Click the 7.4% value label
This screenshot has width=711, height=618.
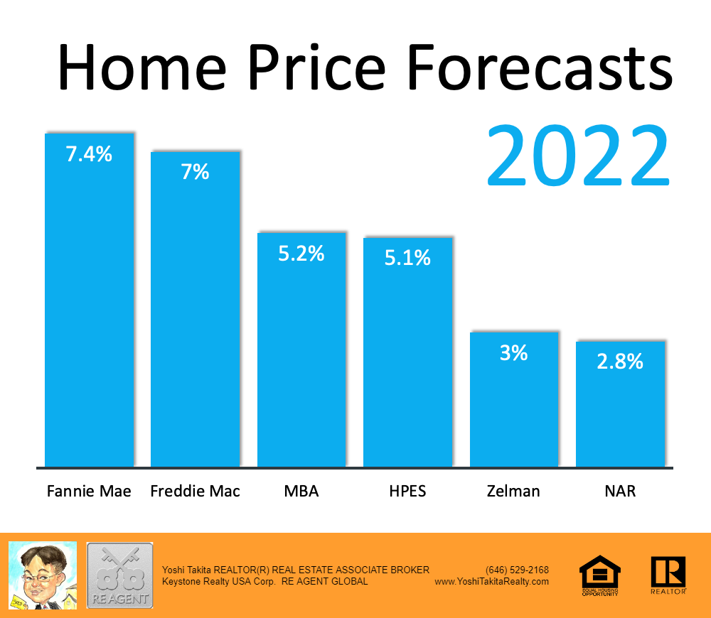89,154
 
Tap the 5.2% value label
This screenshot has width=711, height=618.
301,253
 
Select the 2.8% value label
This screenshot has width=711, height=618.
620,362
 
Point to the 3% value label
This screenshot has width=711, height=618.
514,352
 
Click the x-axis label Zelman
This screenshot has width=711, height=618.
514,491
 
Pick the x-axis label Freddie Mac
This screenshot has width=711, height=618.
196,491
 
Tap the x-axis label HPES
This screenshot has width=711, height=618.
407,491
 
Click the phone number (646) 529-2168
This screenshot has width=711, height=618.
517,570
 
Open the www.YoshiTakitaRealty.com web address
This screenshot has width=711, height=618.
491,581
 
